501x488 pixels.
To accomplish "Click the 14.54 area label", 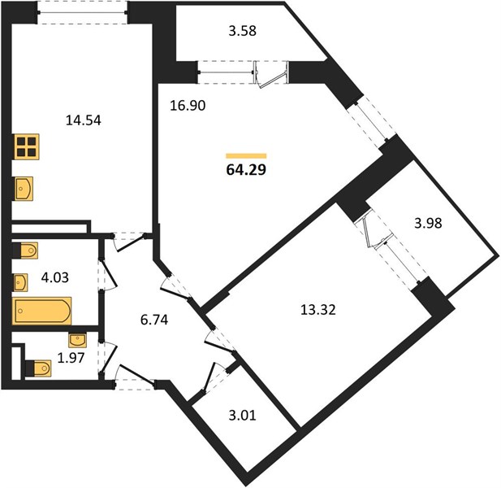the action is point(84,120).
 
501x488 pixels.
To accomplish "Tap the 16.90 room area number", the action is point(188,105).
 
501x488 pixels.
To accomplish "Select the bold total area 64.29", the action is point(246,170).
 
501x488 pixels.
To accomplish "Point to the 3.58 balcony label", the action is point(243,31).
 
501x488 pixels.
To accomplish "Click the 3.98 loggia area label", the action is point(428,223).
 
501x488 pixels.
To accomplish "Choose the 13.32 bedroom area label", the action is point(318,310).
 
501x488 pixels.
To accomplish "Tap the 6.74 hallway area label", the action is point(154,320).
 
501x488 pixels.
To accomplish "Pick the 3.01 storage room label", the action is point(243,416).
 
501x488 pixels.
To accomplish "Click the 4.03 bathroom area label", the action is point(55,277).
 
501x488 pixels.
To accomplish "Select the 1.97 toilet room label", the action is point(71,358).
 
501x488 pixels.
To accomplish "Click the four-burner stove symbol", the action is point(27,146).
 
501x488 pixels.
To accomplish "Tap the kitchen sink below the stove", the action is point(24,189).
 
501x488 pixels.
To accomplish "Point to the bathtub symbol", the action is point(42,311).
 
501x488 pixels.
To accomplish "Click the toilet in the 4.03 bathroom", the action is point(25,251).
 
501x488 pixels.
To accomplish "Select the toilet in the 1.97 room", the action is point(38,368).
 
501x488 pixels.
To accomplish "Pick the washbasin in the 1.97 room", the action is point(77,340).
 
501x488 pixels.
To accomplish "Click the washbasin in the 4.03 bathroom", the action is point(20,282).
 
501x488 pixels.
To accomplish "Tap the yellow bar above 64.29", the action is point(246,156).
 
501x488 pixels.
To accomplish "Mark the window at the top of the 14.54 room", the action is point(83,13).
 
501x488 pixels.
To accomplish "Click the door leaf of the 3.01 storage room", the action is point(209,378).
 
